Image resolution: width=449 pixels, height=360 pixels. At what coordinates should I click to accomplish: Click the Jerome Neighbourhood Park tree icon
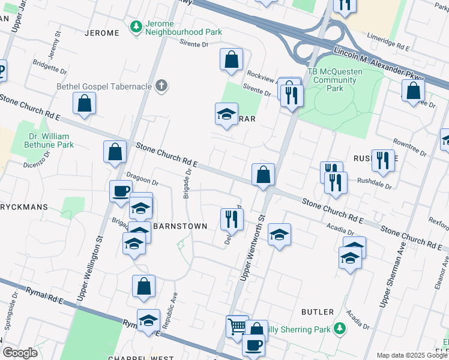pos(136,27)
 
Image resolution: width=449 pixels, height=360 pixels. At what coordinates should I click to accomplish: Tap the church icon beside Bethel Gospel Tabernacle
pos(160,86)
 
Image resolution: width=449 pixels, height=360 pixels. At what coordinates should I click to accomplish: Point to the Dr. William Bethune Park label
pos(49,140)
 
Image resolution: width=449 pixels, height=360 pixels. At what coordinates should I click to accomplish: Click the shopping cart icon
pos(237,326)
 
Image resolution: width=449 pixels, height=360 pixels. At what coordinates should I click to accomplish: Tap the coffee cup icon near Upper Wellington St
pos(121,191)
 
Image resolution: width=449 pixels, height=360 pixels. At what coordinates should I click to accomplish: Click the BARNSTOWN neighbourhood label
pos(180,226)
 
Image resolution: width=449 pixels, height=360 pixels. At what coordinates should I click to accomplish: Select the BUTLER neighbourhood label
pos(318,312)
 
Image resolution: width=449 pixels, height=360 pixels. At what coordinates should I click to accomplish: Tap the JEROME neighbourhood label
pos(102,33)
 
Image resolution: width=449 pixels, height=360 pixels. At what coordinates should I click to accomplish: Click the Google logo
pos(20,353)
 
